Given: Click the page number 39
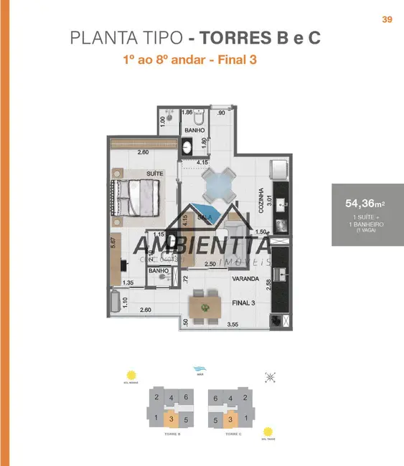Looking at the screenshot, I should [387, 19].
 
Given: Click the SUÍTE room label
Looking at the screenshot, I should [154, 173].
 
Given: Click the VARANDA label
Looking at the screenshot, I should [245, 280].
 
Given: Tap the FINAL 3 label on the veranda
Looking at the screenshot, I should [244, 303].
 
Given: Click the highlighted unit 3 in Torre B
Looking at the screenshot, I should [171, 419].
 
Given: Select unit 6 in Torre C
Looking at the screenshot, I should [215, 399].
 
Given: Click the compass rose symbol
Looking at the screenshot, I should [271, 376].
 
